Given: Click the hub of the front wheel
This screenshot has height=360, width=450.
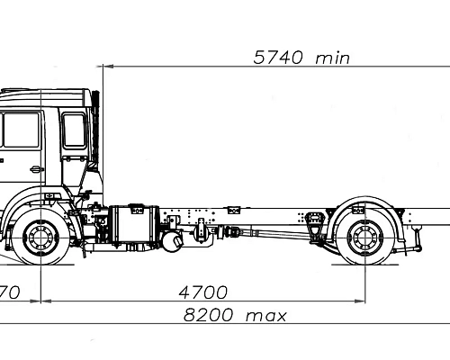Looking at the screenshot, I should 40,240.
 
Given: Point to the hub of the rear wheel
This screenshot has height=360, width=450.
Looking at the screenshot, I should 364,240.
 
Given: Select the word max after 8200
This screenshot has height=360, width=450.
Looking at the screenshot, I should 267,316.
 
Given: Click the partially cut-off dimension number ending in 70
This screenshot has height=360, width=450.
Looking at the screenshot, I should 10,292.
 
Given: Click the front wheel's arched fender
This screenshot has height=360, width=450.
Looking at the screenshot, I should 40,205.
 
